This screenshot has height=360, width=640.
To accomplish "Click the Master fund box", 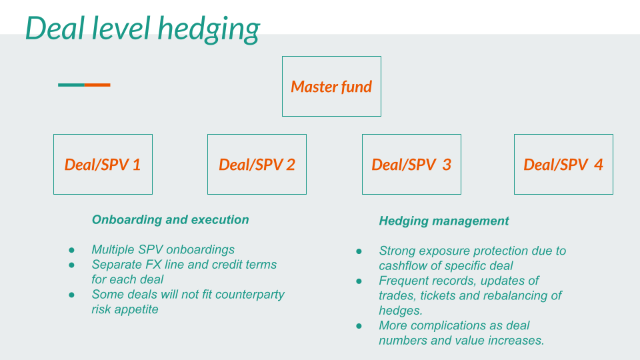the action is pos(331,87).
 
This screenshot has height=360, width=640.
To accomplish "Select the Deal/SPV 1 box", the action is pos(103,165).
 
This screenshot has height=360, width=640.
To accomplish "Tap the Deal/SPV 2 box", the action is pos(257,165).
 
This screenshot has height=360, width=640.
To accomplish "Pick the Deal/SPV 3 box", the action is pos(411,165).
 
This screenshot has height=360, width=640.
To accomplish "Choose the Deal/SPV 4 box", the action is pos(563,165).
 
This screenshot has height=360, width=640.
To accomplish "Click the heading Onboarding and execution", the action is pos(170,220).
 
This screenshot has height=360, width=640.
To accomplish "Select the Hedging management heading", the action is pos(443,221).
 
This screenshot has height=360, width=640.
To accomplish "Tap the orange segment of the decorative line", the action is pos(97,85).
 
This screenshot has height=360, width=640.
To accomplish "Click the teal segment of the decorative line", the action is pos(71,85).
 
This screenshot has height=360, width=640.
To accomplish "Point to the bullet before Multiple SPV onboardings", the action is pos(71,250).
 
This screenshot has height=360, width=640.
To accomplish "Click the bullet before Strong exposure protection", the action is pos(359,251).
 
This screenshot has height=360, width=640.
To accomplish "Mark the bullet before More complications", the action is pos(359,326).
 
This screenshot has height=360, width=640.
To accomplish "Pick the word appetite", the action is pos(135,310).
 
